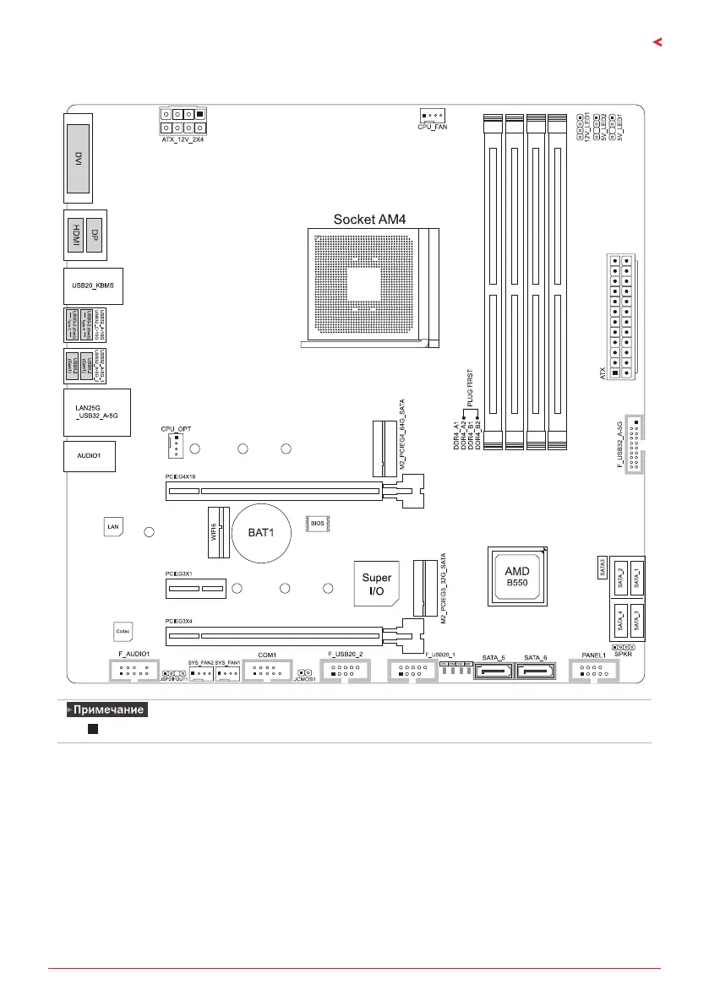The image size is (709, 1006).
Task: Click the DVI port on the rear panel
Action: (78, 157)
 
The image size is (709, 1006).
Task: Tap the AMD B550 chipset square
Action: (517, 577)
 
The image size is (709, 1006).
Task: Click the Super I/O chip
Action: (377, 584)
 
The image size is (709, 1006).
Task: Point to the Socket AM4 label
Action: (369, 219)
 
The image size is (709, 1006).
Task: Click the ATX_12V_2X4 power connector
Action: (183, 121)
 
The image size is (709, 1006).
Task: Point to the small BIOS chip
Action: (316, 525)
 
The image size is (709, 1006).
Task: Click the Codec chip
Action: (123, 631)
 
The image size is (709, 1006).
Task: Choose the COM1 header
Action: (267, 672)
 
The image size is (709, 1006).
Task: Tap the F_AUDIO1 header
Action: (134, 672)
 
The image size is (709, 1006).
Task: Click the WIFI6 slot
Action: (217, 532)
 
